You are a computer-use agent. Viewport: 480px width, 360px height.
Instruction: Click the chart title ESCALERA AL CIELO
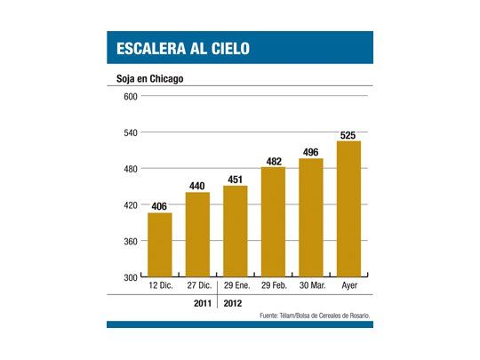point(178,47)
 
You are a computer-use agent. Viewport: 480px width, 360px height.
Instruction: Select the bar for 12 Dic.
point(160,244)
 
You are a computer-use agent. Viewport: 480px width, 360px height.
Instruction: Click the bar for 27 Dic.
point(197,235)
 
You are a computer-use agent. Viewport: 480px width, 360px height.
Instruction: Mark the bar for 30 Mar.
point(310,218)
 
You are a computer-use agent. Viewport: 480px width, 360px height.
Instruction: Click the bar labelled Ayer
point(348,209)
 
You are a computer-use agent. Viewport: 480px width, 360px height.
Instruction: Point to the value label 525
point(348,135)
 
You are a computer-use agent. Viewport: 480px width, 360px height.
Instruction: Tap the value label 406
point(160,207)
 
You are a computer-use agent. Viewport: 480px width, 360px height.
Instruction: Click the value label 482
point(273,161)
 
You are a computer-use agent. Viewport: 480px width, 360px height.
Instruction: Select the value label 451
point(236,180)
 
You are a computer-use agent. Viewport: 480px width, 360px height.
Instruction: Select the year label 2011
point(204,302)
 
